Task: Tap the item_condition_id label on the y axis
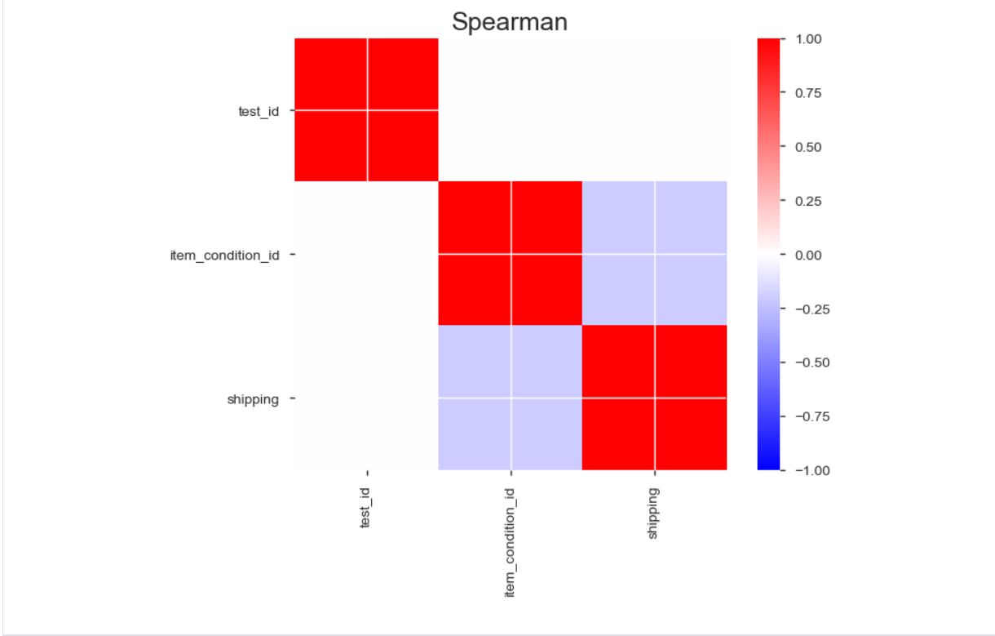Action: pyautogui.click(x=224, y=256)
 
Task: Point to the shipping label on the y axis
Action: pyautogui.click(x=253, y=399)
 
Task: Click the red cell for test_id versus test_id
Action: pyautogui.click(x=366, y=109)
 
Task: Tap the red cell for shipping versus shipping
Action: pyautogui.click(x=654, y=398)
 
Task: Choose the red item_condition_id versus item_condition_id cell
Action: pyautogui.click(x=510, y=253)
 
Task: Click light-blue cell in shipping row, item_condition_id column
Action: pyautogui.click(x=510, y=398)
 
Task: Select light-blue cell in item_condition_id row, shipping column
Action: pyautogui.click(x=654, y=253)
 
